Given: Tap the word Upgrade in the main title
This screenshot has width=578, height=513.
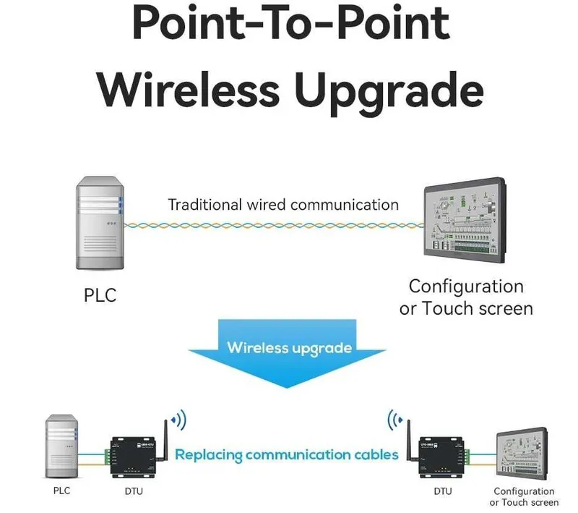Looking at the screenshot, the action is point(389,93).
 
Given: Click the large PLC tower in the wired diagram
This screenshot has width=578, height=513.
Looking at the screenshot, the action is point(100,223).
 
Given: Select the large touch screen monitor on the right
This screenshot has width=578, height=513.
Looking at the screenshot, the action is point(465,220).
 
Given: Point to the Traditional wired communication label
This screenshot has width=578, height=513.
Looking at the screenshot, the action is point(283,205).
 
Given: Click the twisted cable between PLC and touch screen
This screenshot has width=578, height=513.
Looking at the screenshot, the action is point(274,225).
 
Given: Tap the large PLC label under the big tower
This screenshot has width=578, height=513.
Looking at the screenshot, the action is point(100,295).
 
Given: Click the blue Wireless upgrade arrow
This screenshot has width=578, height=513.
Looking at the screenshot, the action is point(287,353).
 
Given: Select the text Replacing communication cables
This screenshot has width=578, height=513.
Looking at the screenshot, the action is point(286,454).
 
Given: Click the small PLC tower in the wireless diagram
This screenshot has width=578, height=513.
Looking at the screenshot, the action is point(61,446).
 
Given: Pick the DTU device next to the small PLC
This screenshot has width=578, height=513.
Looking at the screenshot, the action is point(134,457).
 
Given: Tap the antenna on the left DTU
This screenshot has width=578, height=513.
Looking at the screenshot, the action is point(165,440).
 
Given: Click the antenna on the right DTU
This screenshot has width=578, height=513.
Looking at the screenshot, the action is point(409,440).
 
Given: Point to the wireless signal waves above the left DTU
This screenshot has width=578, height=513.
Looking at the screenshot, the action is point(179,420).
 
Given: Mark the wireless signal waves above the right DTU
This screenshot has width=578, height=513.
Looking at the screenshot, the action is point(395,420).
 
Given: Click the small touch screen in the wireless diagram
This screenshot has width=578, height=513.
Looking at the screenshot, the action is point(522,454).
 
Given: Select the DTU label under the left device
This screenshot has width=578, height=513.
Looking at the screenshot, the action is point(134,491).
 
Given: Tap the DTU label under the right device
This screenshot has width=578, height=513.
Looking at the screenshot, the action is point(443,491).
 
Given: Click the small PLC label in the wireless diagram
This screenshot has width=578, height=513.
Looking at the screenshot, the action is point(61,491).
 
